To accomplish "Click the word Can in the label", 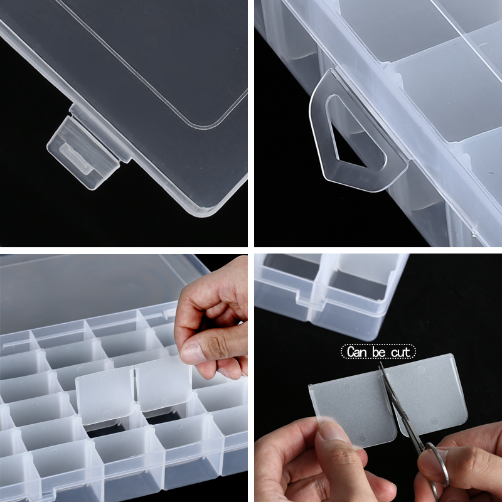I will click(359, 352).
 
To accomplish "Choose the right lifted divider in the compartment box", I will click(163, 386).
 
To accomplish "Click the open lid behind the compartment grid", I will click(94, 289).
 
